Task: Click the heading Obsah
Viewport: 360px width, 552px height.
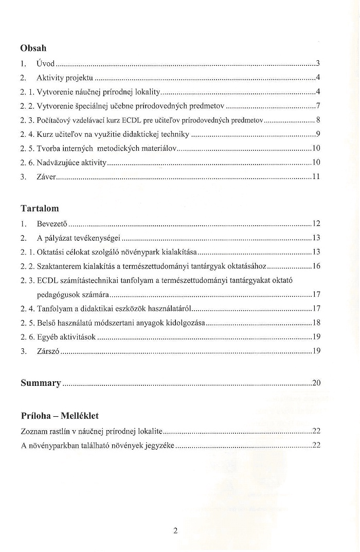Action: pyautogui.click(x=33, y=48)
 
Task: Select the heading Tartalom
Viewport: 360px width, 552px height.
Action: pyautogui.click(x=40, y=208)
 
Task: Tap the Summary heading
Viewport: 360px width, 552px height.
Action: pyautogui.click(x=41, y=383)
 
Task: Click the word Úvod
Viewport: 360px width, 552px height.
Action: pyautogui.click(x=46, y=64)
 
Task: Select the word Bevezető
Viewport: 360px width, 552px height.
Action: pyautogui.click(x=52, y=224)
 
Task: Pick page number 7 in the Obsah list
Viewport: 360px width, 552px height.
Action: pyautogui.click(x=318, y=107)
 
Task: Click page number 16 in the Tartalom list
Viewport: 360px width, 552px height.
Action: pyautogui.click(x=316, y=266)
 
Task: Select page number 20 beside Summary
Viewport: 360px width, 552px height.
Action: pyautogui.click(x=316, y=383)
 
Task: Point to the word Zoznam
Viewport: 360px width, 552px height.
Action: pyautogui.click(x=33, y=431)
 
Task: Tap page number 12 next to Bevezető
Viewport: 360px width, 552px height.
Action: pyautogui.click(x=316, y=224)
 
